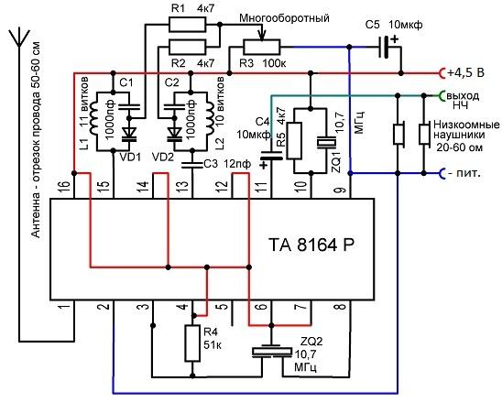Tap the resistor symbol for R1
pos(187,25)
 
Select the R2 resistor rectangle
pos(187,47)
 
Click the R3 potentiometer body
pos(262,47)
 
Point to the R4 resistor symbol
pos(192,343)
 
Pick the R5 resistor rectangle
pos(294,140)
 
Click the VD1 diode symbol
pos(129,134)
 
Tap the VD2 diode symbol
pos(174,134)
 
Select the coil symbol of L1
pos(93,119)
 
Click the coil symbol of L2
pos(210,119)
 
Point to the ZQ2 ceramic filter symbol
pos(272,351)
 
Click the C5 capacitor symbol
pos(384,47)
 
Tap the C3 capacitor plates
pos(192,165)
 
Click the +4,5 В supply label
pos(466,73)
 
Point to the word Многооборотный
pos(284,18)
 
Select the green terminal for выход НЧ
pos(442,95)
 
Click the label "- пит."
pos(464,173)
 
